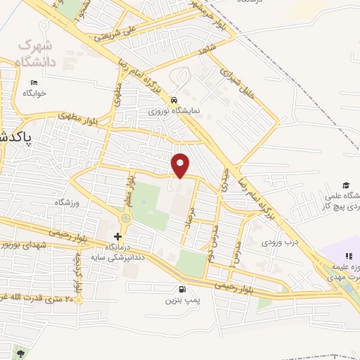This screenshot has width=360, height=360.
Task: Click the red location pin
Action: (181, 165)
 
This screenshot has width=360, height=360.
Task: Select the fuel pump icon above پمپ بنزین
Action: (183, 289)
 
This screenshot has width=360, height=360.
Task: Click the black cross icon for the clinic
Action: (117, 236)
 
